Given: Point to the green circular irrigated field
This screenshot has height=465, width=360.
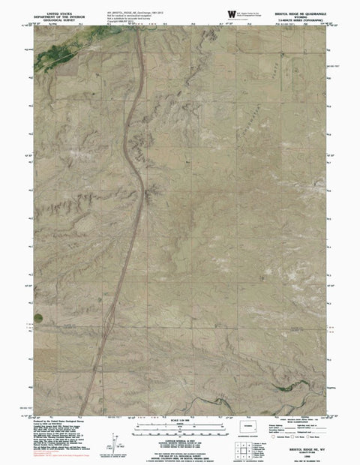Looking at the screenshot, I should pos(37,319).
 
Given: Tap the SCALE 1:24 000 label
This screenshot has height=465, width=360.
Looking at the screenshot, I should pos(180,419).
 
